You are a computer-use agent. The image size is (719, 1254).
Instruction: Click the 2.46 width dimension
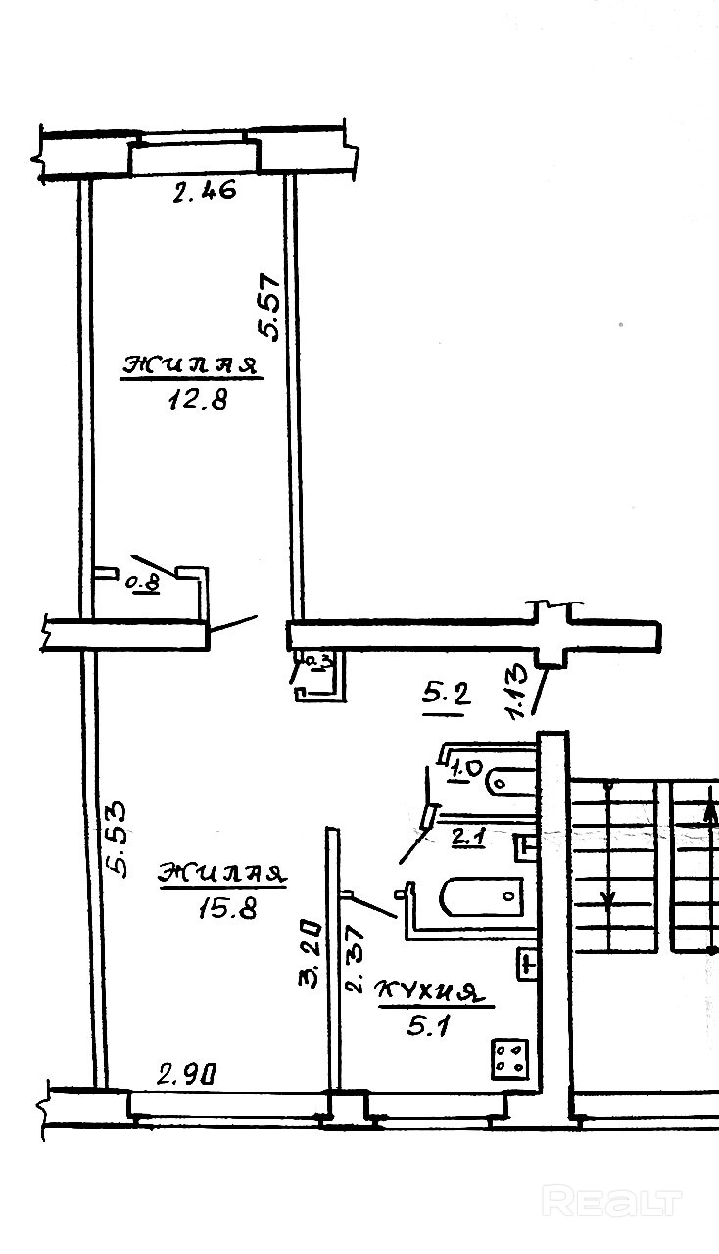205,192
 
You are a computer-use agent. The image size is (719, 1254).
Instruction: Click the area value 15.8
226,908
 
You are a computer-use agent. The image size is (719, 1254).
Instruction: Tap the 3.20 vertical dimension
309,951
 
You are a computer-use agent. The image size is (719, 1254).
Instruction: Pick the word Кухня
431,993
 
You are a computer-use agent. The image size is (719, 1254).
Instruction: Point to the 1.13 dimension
519,692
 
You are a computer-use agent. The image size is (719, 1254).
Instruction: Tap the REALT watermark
611,1201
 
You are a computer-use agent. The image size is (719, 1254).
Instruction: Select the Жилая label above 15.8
223,873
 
